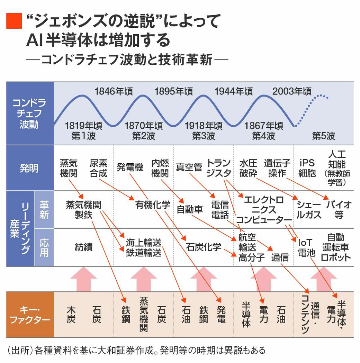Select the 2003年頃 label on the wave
292,91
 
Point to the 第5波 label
323,136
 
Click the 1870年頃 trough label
144,126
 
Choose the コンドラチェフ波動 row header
29,114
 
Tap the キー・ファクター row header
29,314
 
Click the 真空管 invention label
189,167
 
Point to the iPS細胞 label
307,168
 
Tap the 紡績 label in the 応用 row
83,247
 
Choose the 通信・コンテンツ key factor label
310,314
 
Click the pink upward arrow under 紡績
83,279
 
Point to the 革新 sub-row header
44,210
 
